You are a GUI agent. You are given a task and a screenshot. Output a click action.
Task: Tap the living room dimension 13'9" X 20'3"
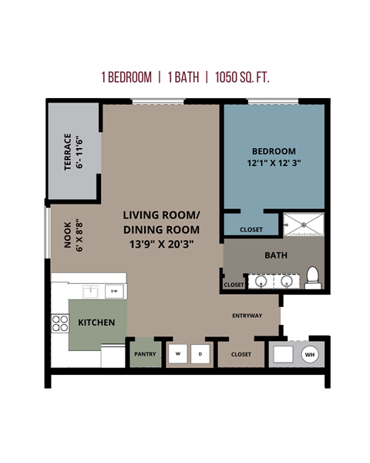pyautogui.click(x=161, y=244)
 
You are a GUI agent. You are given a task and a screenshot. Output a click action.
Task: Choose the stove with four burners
pyautogui.click(x=60, y=323)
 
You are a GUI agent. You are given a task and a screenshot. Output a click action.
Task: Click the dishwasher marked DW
pyautogui.click(x=113, y=291)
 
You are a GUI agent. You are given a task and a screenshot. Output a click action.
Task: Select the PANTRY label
pyautogui.click(x=145, y=354)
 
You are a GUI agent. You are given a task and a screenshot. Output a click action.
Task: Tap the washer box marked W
pyautogui.click(x=178, y=354)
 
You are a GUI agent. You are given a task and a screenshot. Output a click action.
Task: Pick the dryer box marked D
pyautogui.click(x=200, y=354)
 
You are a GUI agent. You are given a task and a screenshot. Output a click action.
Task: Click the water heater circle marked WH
pyautogui.click(x=310, y=354)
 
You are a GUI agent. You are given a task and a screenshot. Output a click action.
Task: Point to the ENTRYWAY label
pyautogui.click(x=247, y=316)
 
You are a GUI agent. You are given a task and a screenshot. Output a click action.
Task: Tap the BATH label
pyautogui.click(x=275, y=255)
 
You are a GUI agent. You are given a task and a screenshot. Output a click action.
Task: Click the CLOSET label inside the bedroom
pyautogui.click(x=251, y=229)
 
